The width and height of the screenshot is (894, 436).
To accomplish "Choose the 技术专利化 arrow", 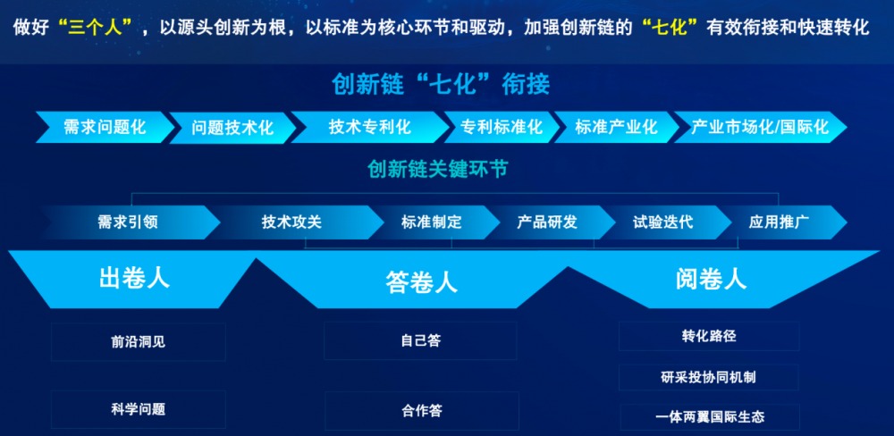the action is click(x=370, y=127).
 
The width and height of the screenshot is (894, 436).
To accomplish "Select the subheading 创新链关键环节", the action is click(x=437, y=169).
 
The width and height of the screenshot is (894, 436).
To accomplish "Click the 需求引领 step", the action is click(x=130, y=222).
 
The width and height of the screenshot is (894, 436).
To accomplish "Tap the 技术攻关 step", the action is click(x=292, y=222).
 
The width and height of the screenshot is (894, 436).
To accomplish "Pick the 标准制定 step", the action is click(x=432, y=222).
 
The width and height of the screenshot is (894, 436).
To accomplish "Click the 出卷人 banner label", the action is click(x=135, y=279).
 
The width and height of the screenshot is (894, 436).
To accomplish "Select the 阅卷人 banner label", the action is click(x=711, y=280).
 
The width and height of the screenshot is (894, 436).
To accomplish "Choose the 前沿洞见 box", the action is click(x=139, y=342).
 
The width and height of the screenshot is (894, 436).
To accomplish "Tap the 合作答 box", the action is click(x=422, y=411).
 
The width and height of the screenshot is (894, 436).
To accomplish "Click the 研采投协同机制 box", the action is click(x=709, y=377).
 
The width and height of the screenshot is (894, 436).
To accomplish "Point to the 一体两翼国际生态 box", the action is click(x=710, y=416).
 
